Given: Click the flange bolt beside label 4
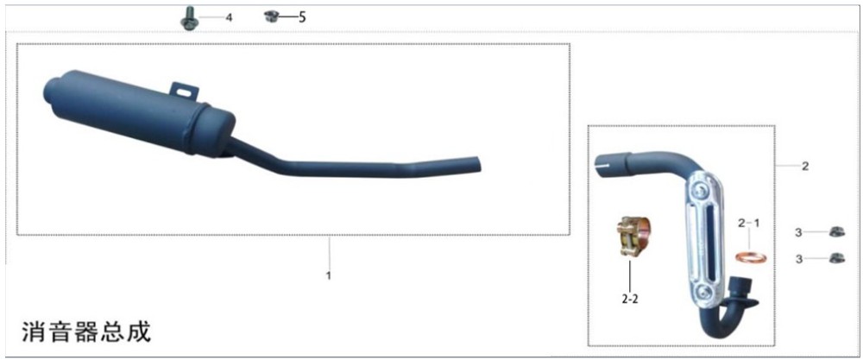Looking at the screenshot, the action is (189, 19).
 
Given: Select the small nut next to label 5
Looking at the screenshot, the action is (270, 16).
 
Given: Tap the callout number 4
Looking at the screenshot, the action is (229, 17).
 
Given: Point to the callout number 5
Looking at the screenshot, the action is (301, 17).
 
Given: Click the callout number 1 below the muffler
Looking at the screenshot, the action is (329, 275).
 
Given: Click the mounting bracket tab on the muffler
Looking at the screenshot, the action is (183, 91).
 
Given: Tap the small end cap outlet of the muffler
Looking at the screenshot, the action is (50, 89).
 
